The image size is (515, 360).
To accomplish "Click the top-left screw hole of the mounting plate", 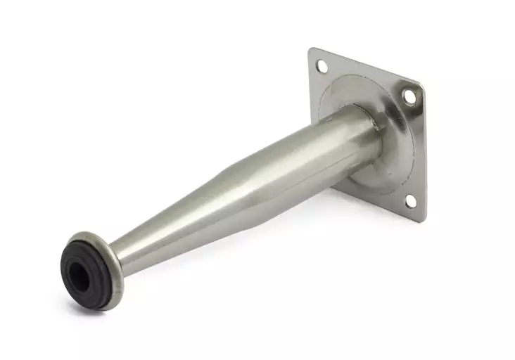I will pos(322,67).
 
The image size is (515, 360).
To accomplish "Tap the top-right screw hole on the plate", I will pos(408,96).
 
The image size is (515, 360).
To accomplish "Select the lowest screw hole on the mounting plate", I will pos(410,202).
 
